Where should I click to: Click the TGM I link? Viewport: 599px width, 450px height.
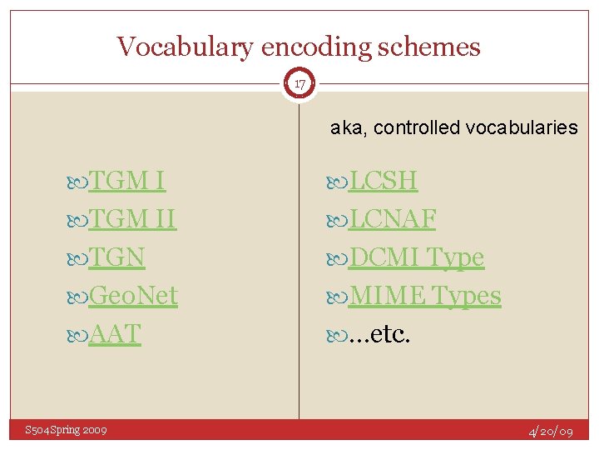126,181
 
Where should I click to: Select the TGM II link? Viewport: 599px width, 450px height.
132,219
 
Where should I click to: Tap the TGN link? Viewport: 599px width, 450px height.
116,257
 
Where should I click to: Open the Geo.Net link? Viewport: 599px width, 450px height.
133,295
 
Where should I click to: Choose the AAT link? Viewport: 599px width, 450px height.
115,333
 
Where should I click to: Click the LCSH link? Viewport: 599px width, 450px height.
383,181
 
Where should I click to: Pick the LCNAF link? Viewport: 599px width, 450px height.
393,219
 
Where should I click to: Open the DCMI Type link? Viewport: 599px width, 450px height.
416,257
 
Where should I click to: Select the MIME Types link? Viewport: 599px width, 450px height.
424,295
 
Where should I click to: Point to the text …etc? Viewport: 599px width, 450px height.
379,333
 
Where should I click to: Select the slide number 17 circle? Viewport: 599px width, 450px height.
299,83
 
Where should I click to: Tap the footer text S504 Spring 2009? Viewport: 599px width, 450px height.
66,430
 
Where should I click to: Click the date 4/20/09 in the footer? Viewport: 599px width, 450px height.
552,432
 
